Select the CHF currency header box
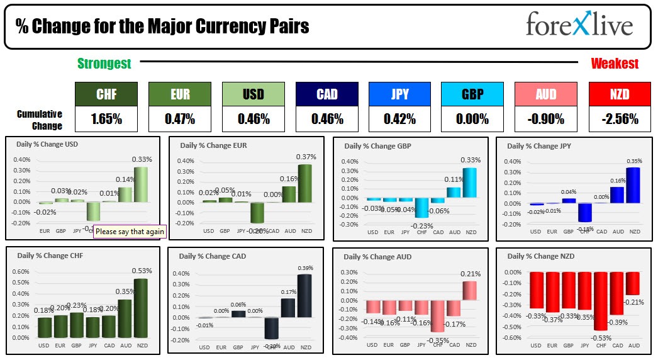106,94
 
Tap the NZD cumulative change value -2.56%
620,119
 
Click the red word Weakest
614,63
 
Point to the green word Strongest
104,63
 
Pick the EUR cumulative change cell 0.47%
180,119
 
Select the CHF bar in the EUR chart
256,213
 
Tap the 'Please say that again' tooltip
130,232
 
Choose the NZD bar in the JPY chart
633,185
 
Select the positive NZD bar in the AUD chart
470,290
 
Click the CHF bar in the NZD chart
600,301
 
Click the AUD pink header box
546,94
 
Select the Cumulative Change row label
39,120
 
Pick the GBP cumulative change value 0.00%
472,119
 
